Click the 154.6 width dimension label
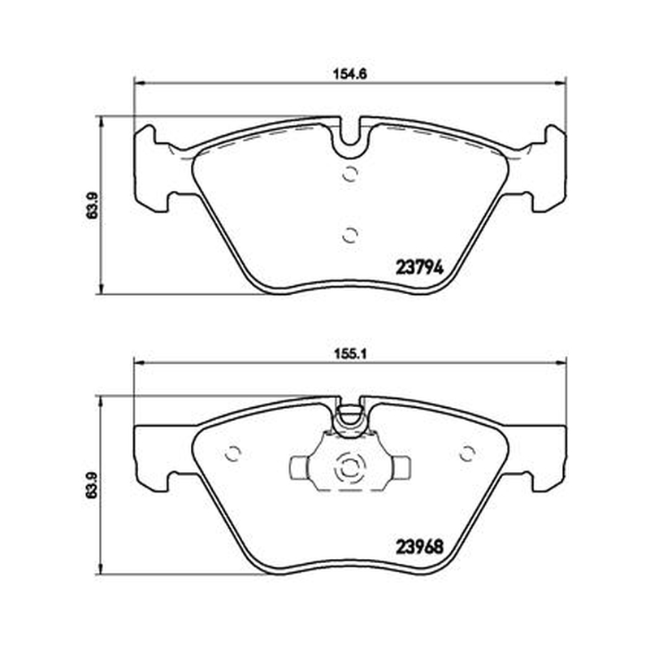click(x=350, y=74)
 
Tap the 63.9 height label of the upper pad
click(x=92, y=206)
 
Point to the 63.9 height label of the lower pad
click(x=92, y=485)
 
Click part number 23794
click(x=419, y=267)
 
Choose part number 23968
click(x=419, y=547)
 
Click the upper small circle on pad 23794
click(x=350, y=174)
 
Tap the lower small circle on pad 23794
click(x=350, y=236)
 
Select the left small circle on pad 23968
click(x=232, y=453)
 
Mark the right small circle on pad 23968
click(x=468, y=453)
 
